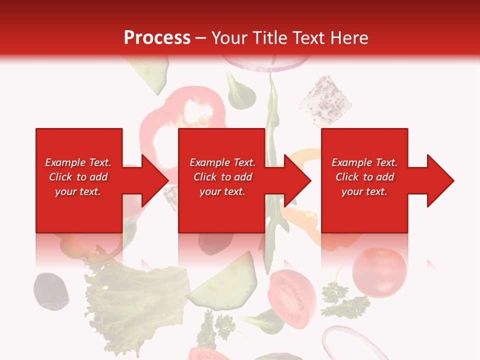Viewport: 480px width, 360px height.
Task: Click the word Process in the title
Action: point(157,38)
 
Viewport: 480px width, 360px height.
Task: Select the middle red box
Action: point(221,210)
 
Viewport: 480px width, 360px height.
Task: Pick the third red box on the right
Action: point(364,210)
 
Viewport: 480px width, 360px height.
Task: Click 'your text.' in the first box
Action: point(77,191)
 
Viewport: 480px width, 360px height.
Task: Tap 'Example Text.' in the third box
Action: point(364,162)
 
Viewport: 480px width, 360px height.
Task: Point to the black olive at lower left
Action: point(50,290)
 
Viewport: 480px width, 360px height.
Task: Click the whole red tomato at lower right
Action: point(379,272)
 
